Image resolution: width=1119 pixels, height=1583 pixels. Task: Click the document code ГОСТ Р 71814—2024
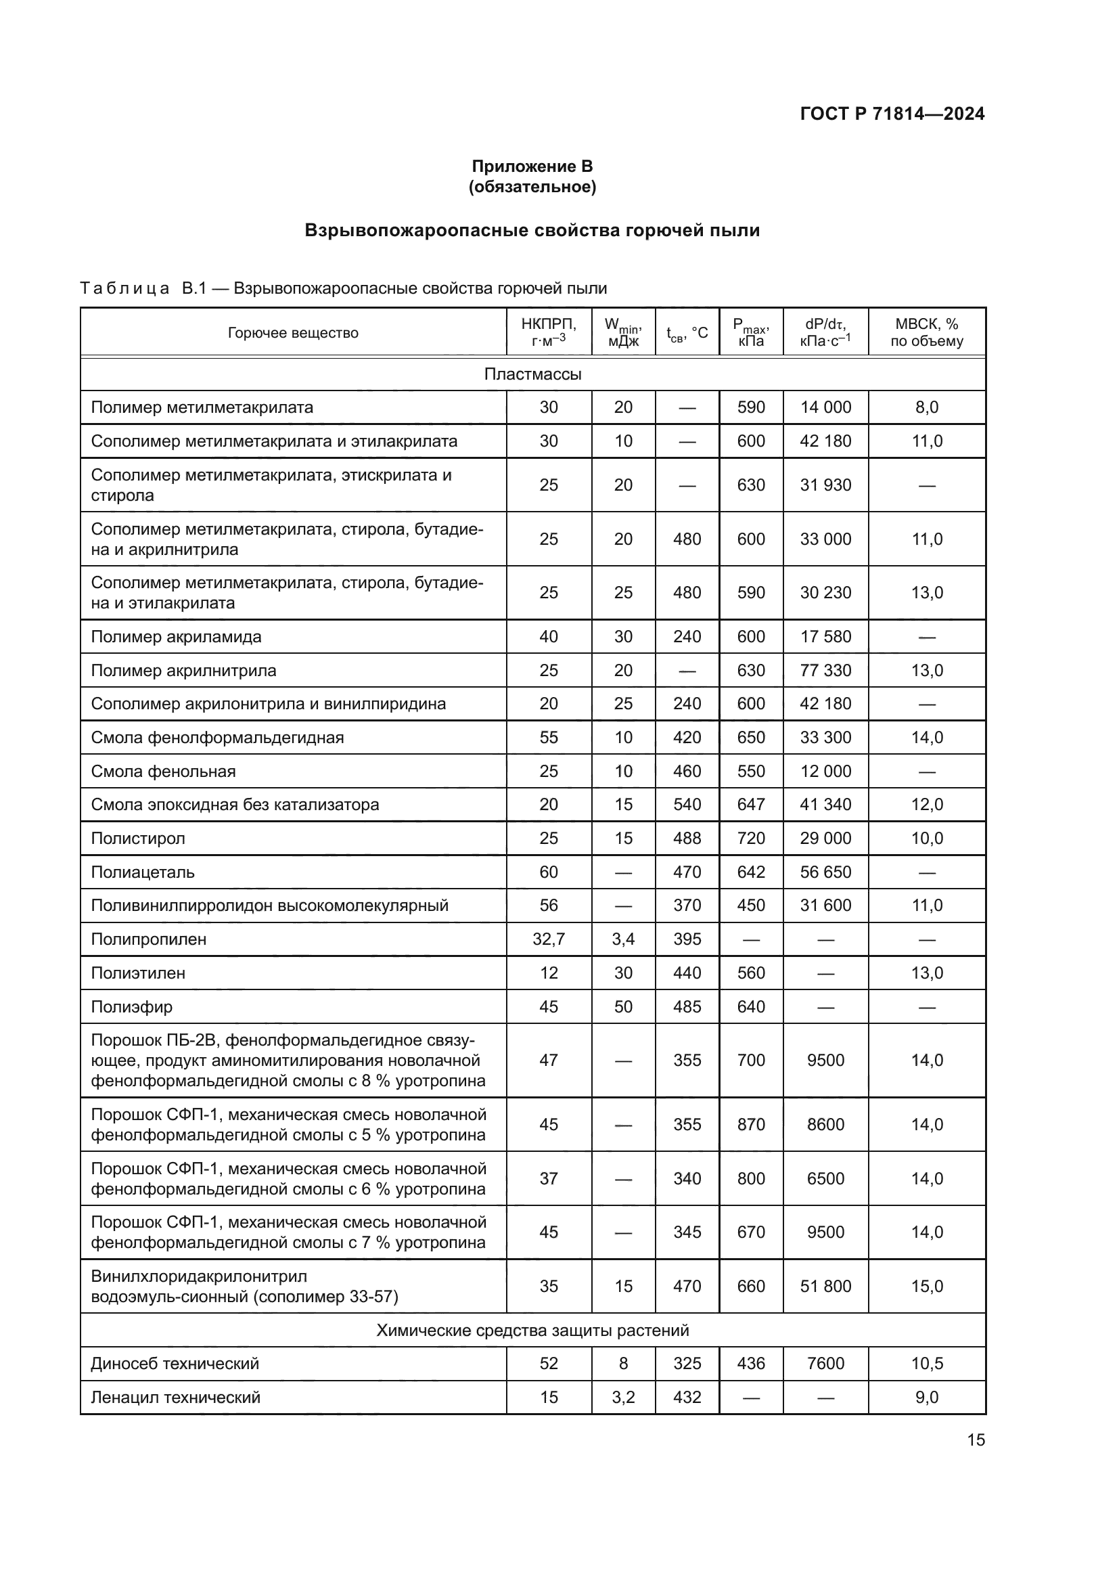[892, 114]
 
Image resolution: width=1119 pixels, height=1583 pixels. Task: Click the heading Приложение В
[532, 166]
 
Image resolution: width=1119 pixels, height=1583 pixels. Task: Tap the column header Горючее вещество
[293, 333]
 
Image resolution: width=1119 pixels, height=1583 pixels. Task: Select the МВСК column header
[927, 332]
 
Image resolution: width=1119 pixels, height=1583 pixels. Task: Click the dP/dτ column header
[825, 332]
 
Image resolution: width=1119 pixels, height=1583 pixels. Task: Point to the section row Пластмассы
[532, 374]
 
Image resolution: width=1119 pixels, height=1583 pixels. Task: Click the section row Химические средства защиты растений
[532, 1330]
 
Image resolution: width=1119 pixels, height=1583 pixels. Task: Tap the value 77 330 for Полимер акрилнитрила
[825, 670]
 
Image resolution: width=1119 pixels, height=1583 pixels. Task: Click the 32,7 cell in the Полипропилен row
[549, 939]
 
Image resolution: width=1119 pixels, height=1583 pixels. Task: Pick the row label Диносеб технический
[175, 1363]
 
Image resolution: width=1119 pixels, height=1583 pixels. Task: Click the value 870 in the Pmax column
[750, 1125]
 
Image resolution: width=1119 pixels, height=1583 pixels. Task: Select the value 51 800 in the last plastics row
[825, 1286]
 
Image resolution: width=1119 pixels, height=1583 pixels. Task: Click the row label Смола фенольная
[163, 771]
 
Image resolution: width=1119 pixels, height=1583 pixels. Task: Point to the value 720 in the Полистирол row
[750, 839]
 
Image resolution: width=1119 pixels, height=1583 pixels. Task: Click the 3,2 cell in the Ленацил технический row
[623, 1397]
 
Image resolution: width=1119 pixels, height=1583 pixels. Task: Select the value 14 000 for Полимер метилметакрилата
[825, 407]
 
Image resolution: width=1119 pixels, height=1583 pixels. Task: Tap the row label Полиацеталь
[143, 872]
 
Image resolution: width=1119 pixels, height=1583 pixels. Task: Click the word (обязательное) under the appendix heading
[532, 187]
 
